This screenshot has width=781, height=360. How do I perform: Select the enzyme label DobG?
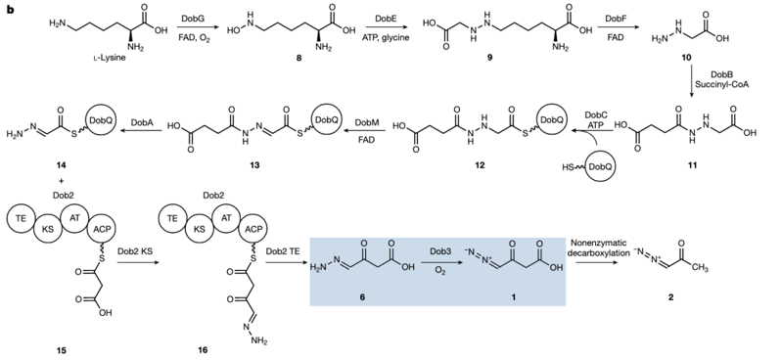(196, 18)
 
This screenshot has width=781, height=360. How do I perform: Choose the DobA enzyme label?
(142, 122)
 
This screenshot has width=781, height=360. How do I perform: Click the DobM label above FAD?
(366, 122)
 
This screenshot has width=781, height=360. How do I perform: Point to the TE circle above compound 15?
(21, 217)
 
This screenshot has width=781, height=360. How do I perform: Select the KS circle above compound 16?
(200, 229)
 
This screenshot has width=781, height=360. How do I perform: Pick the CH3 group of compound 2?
(701, 269)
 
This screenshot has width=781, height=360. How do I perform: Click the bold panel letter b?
(10, 10)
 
